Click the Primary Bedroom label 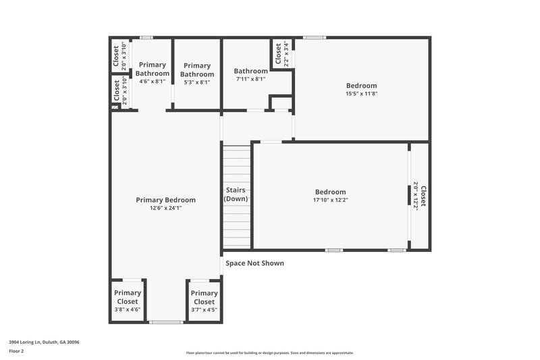coord(165,200)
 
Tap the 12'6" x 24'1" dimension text coord(165,209)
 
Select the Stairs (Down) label coord(236,195)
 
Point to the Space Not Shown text coord(254,263)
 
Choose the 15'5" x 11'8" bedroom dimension coord(361,95)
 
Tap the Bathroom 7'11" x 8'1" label coord(250,74)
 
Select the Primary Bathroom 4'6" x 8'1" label coord(152,73)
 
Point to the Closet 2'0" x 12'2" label coord(419,196)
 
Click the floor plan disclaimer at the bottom coord(269,353)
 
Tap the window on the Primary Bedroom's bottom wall coord(166,322)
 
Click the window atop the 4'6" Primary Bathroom coord(146,37)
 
